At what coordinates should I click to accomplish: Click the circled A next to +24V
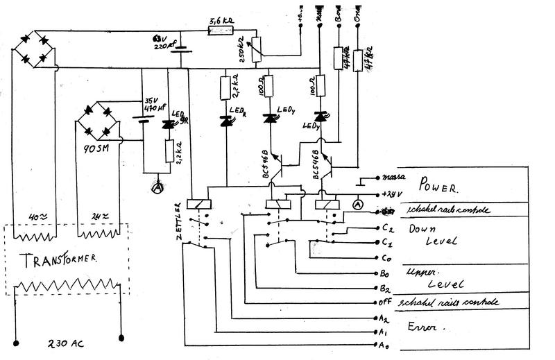tap(358, 205)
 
